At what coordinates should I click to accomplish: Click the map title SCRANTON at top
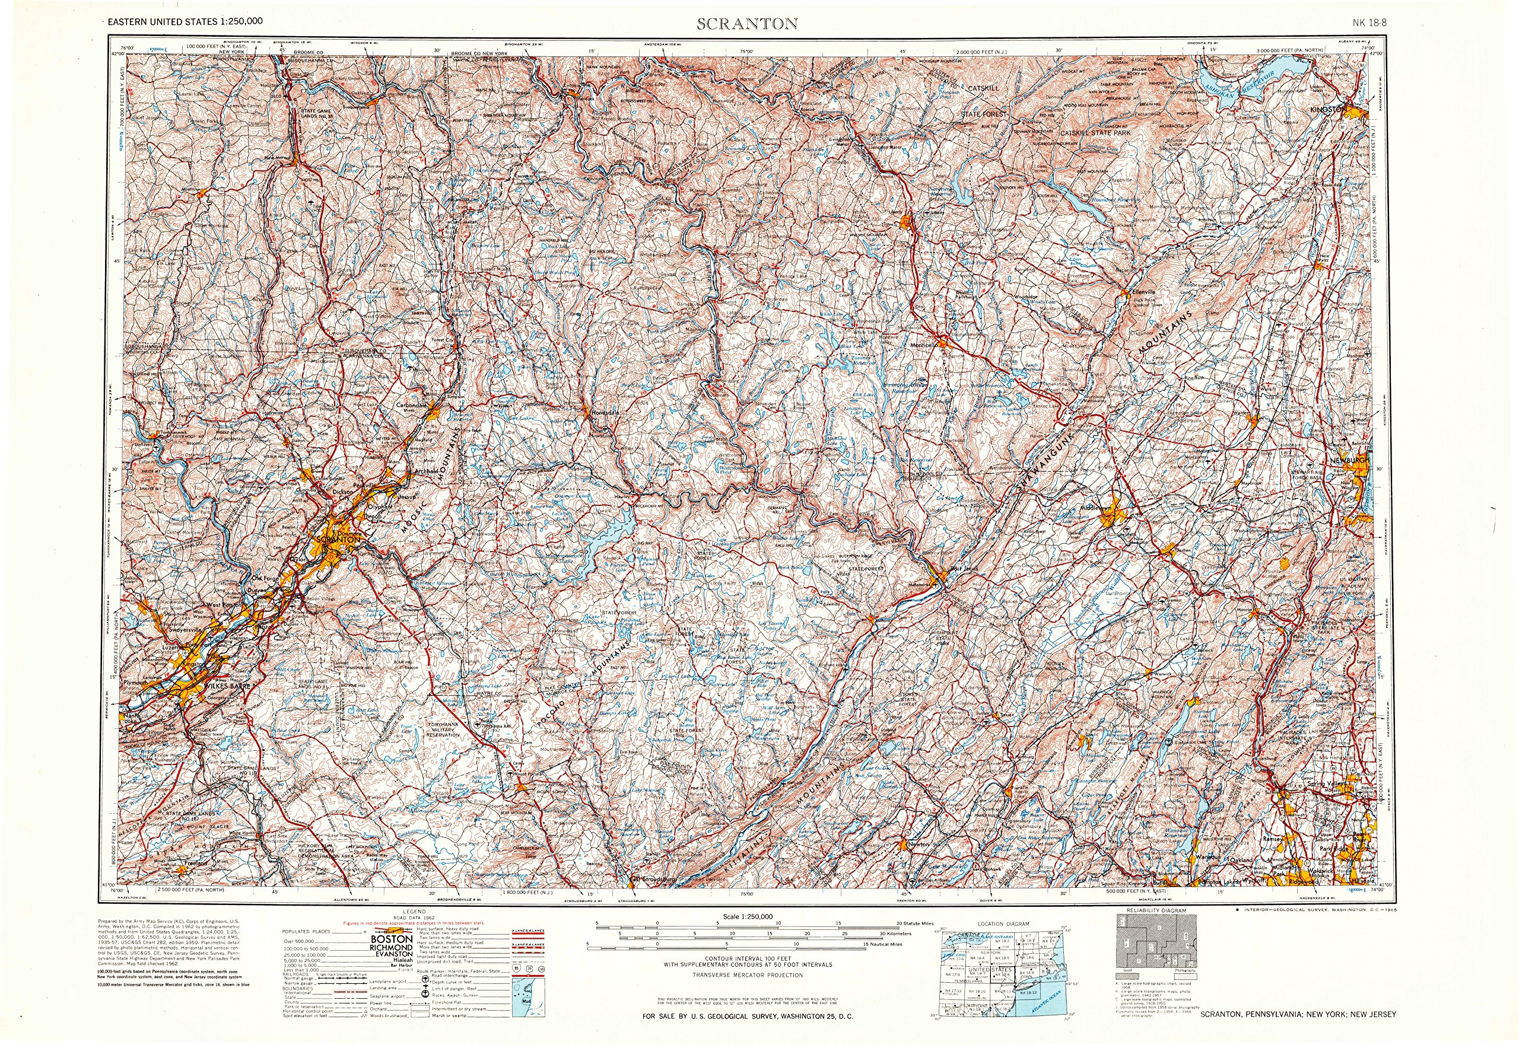click(x=746, y=24)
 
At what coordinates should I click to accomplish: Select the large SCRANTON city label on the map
click(x=338, y=540)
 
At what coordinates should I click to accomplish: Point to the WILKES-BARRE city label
click(x=227, y=686)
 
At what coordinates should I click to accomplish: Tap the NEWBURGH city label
click(x=1349, y=460)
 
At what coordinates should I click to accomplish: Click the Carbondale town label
click(x=411, y=404)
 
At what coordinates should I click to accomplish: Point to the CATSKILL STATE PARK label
click(x=1095, y=133)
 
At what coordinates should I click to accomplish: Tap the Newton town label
click(x=919, y=844)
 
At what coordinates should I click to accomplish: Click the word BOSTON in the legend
click(x=391, y=939)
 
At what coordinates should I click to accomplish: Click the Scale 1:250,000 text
click(x=748, y=917)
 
